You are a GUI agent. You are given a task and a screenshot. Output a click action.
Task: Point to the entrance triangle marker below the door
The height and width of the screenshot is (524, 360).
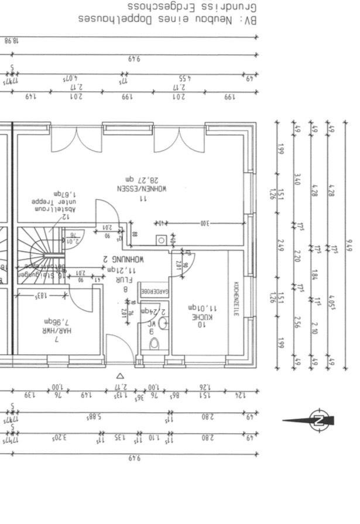[x=120, y=376]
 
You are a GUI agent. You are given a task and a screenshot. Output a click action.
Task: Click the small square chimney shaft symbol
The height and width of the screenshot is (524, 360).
[x=160, y=239]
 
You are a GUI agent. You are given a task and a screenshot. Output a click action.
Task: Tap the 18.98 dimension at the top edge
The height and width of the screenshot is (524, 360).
[x=11, y=40]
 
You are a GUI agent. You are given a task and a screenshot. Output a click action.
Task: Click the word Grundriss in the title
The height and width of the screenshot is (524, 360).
[x=236, y=6]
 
